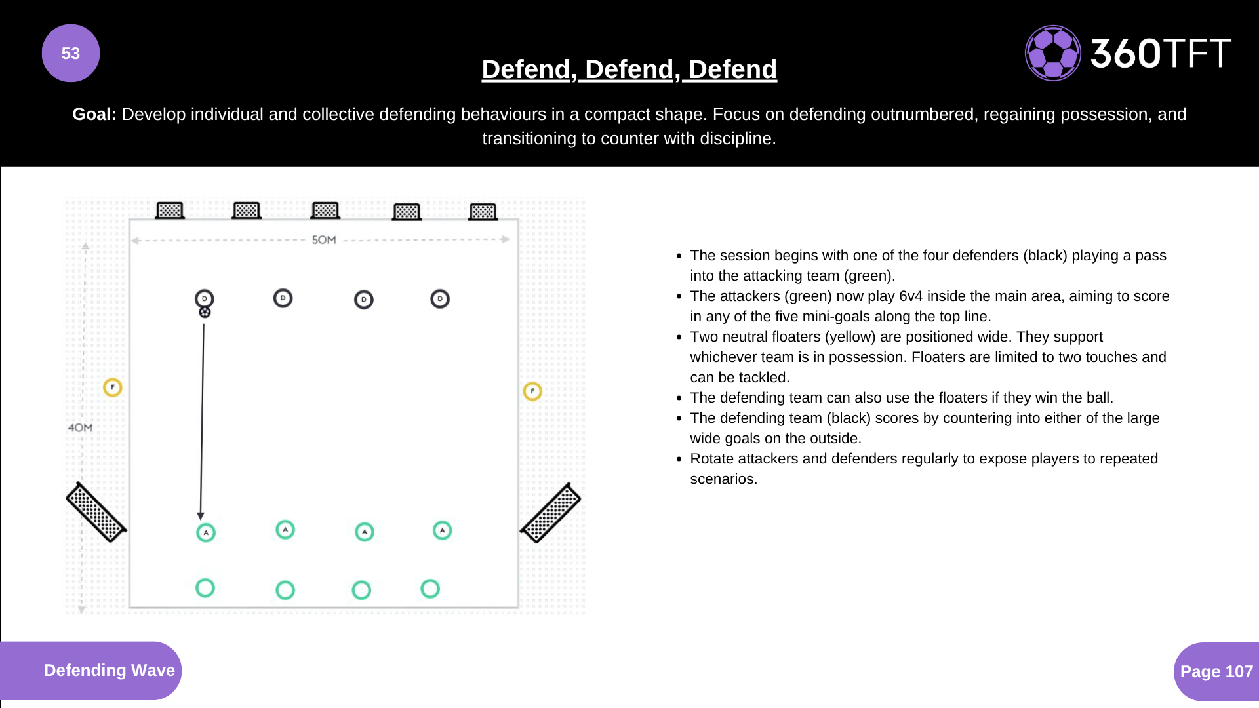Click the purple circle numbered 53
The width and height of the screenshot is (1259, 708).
pos(71,53)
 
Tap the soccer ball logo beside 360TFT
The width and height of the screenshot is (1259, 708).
pos(1052,53)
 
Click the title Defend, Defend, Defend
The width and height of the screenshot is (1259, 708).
pos(629,69)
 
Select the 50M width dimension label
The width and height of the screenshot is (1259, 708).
pos(324,240)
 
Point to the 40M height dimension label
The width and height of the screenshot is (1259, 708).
pos(80,427)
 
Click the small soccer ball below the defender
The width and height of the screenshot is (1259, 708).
pos(205,313)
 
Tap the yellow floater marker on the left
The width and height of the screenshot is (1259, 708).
pos(113,387)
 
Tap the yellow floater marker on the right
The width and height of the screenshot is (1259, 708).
pos(532,391)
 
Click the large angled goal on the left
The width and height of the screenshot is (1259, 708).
pos(96,512)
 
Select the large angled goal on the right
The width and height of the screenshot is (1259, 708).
pos(551,513)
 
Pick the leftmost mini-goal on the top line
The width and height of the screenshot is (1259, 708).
pos(170,210)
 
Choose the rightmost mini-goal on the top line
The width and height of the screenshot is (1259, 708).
pos(483,212)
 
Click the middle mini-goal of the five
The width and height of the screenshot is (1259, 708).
pos(325,210)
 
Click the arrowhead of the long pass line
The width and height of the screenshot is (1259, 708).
pos(201,516)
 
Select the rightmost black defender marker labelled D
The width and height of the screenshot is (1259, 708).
pos(440,299)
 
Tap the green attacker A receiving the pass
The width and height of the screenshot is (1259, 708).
pos(206,532)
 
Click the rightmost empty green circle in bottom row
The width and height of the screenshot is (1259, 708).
pos(430,589)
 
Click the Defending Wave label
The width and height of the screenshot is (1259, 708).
pos(109,670)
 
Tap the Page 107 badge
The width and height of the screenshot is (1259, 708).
pos(1216,671)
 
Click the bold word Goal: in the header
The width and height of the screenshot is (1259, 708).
pos(94,114)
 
